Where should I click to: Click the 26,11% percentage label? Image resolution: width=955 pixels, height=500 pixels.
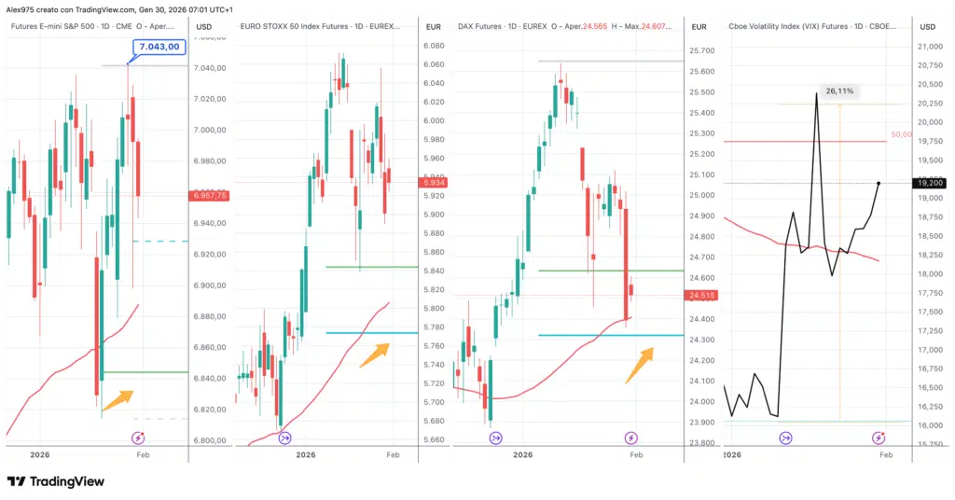(x=839, y=91)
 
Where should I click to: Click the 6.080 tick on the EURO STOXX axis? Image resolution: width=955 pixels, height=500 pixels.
(x=433, y=46)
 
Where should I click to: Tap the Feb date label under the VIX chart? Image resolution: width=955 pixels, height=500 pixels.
(x=886, y=454)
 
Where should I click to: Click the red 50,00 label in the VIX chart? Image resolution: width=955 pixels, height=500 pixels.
(x=901, y=134)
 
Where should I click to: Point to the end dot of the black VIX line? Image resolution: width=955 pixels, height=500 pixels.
(x=879, y=183)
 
